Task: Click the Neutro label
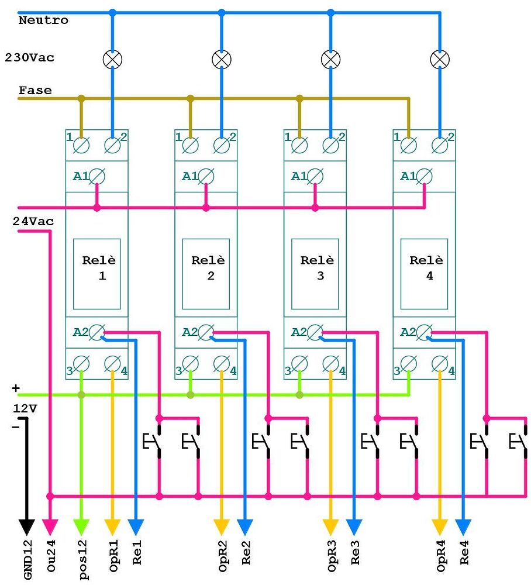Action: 43,20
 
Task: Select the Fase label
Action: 35,91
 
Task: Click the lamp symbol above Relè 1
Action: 112,58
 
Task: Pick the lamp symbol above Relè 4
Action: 440,58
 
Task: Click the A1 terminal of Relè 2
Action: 206,176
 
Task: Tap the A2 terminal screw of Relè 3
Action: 315,332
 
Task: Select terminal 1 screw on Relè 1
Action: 81,144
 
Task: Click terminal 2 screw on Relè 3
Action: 330,144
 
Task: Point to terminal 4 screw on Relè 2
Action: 221,364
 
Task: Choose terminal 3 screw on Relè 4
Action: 409,364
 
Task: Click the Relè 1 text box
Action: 96,273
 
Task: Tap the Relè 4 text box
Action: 425,273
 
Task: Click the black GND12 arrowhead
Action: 26,527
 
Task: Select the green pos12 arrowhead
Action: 81,527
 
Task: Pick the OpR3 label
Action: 332,559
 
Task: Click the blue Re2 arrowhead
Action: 245,527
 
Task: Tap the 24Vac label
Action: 33,222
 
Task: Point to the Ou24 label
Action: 51,559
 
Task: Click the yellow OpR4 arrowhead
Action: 440,527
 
